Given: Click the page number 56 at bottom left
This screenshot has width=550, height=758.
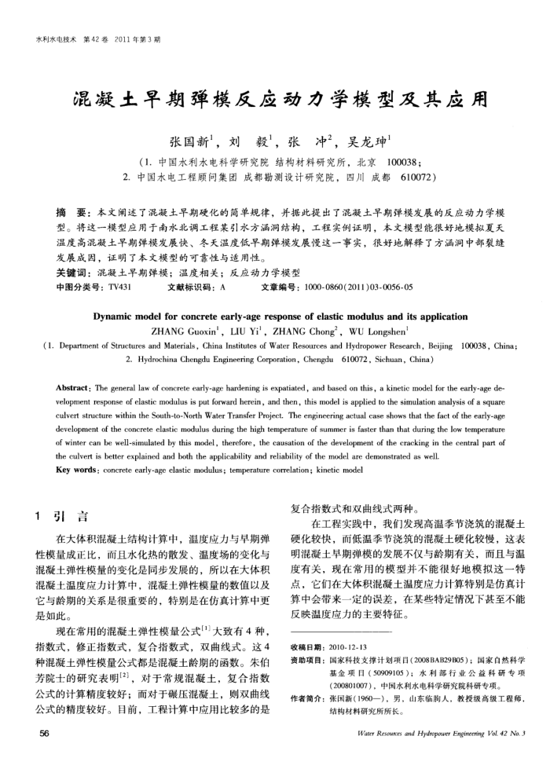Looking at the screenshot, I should coord(33,734).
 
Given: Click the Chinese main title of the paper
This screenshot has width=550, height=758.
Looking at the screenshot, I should coord(275,101).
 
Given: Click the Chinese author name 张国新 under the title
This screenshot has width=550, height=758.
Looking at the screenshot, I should coord(189,144).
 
